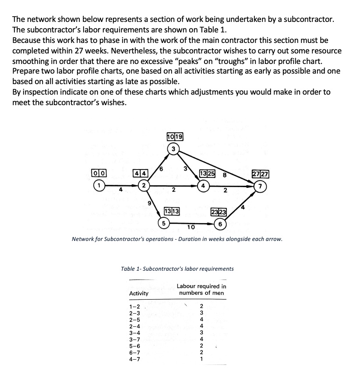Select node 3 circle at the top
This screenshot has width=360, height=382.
point(173,149)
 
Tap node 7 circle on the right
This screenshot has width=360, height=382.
point(261,185)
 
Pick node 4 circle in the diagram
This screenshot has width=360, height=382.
point(203,185)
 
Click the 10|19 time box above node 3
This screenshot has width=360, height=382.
point(175,137)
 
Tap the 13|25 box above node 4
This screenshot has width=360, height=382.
point(207,173)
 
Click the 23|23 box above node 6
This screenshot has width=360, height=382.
point(219,212)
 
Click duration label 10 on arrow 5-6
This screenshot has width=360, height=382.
point(191,227)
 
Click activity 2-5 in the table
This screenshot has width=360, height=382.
point(134,319)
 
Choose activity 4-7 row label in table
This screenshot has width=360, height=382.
point(134,359)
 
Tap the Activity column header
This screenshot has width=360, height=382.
point(139,293)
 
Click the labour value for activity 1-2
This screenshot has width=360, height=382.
point(201,306)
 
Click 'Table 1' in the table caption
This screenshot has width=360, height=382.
point(131,269)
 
